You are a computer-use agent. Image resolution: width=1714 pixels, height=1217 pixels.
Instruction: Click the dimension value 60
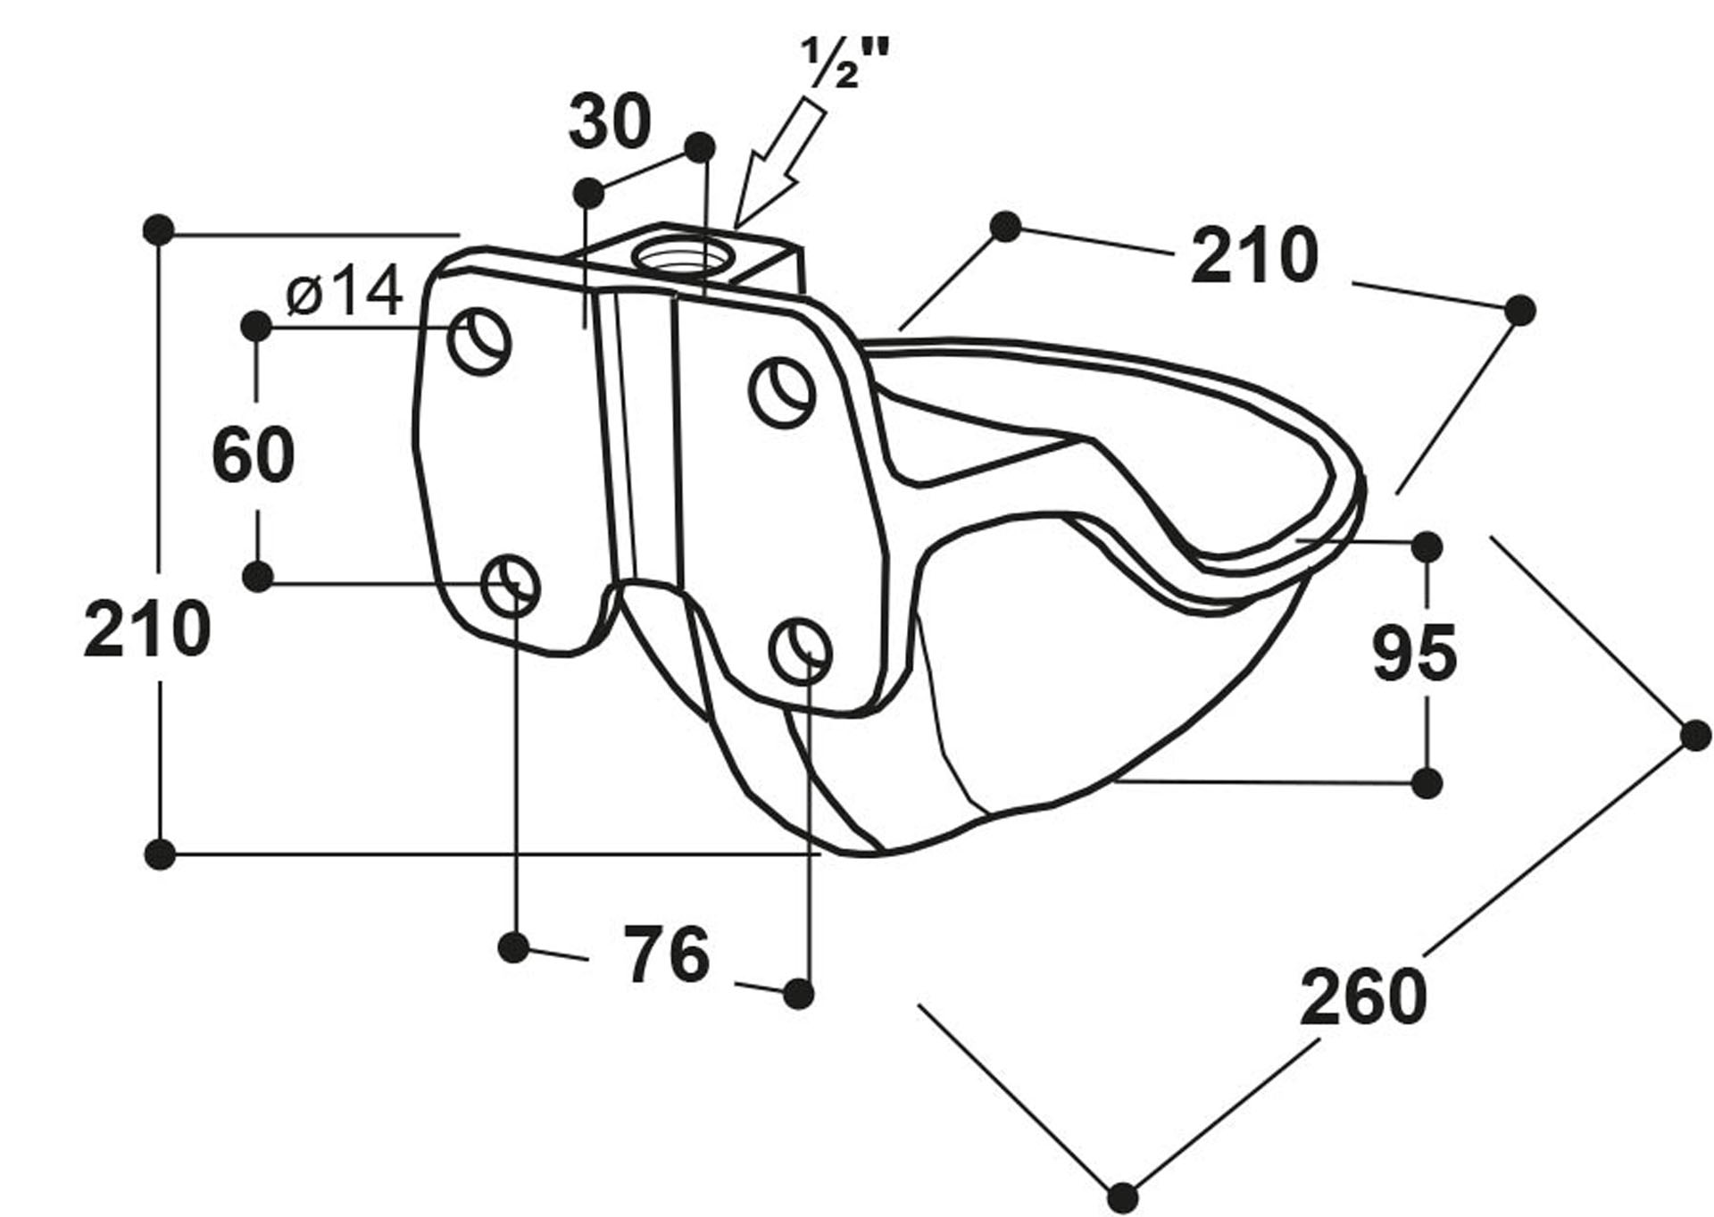click(x=254, y=454)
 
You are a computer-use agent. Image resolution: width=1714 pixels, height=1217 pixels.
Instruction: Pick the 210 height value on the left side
click(x=147, y=629)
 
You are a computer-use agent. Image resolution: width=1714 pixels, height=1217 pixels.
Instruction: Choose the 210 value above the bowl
click(x=1254, y=256)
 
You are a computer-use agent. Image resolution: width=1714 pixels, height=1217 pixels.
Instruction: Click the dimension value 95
click(x=1414, y=654)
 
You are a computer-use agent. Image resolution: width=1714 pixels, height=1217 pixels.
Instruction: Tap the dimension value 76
click(x=667, y=954)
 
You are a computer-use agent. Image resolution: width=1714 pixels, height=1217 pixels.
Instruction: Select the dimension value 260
click(x=1363, y=996)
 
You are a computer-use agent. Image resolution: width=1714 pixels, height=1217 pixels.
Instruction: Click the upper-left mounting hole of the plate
click(x=480, y=341)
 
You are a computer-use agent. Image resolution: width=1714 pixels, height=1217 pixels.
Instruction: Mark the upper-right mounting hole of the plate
click(x=782, y=391)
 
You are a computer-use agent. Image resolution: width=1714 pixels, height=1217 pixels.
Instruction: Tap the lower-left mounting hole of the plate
click(x=511, y=584)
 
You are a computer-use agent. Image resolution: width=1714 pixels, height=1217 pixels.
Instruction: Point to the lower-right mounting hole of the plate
click(x=801, y=649)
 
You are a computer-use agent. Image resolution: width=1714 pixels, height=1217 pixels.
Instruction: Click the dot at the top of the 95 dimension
click(x=1427, y=546)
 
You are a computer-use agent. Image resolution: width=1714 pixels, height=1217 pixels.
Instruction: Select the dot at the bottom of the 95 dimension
click(x=1427, y=783)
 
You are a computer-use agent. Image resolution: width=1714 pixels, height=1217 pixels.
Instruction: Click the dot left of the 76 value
click(x=514, y=947)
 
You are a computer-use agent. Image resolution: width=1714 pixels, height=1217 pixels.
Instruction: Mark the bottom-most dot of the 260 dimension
click(x=1123, y=1195)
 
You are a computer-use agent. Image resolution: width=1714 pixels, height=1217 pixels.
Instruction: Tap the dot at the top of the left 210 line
click(x=159, y=229)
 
